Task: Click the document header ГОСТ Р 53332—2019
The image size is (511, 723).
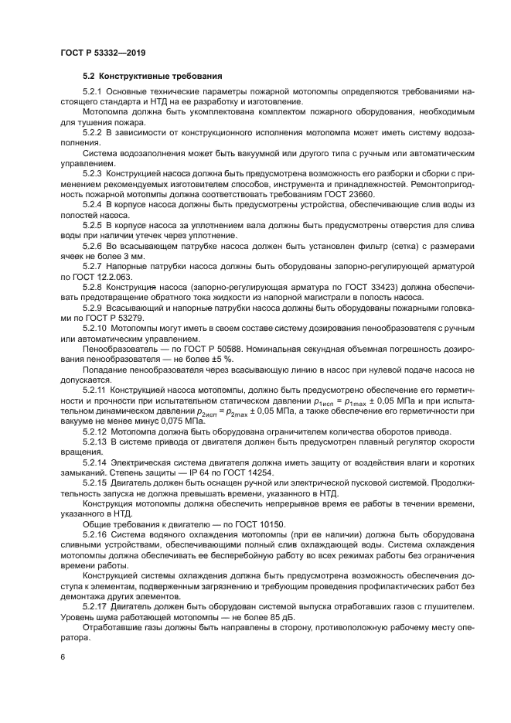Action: click(x=103, y=52)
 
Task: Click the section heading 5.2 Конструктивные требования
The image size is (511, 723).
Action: click(x=152, y=76)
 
